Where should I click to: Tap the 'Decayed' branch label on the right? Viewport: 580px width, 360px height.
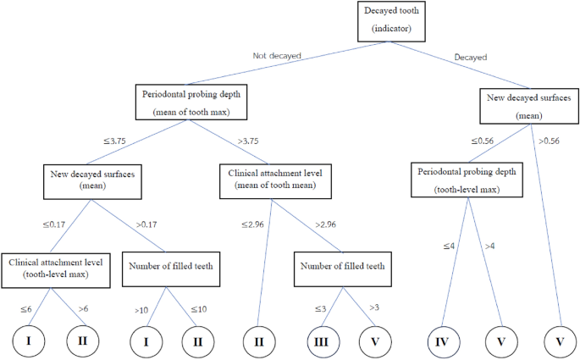tap(471, 57)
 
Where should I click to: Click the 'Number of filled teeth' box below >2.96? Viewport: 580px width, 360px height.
tap(342, 268)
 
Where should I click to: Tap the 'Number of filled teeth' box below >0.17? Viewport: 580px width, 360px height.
tap(169, 268)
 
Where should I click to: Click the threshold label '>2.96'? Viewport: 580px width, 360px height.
tap(325, 224)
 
